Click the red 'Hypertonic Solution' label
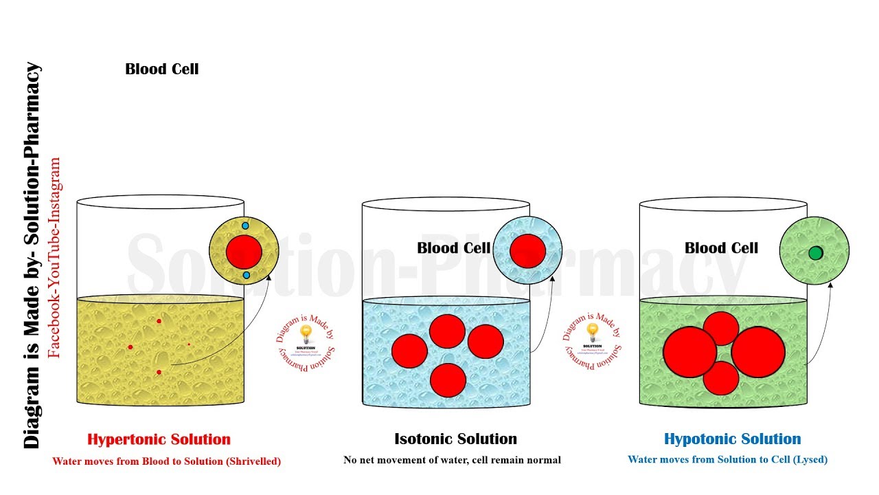pyautogui.click(x=159, y=439)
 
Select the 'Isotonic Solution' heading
pyautogui.click(x=455, y=439)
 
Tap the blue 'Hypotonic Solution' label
pyautogui.click(x=732, y=439)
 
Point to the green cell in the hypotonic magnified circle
pyautogui.click(x=815, y=253)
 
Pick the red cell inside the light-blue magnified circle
pyautogui.click(x=527, y=250)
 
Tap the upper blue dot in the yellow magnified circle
pyautogui.click(x=244, y=225)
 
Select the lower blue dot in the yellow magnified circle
pyautogui.click(x=247, y=275)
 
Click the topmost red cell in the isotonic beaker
pyautogui.click(x=447, y=331)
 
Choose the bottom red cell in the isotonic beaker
pyautogui.click(x=448, y=380)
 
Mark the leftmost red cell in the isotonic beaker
pyautogui.click(x=409, y=351)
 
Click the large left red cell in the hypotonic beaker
pyautogui.click(x=689, y=352)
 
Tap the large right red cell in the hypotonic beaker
pyautogui.click(x=758, y=352)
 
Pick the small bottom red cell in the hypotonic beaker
pyautogui.click(x=721, y=378)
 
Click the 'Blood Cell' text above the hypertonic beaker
pyautogui.click(x=162, y=69)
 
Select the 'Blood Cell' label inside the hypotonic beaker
pyautogui.click(x=721, y=248)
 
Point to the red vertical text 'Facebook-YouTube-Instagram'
pyautogui.click(x=55, y=258)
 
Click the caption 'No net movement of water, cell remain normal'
pyautogui.click(x=452, y=460)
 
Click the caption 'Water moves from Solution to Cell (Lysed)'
pyautogui.click(x=727, y=460)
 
